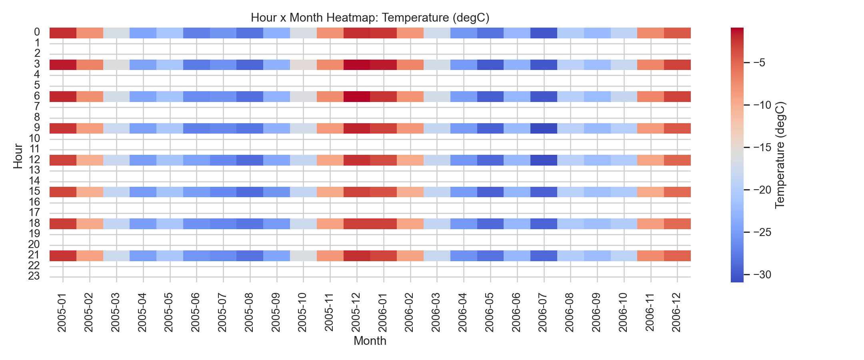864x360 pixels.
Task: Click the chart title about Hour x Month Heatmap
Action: pos(370,18)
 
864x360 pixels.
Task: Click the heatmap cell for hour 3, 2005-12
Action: pos(357,64)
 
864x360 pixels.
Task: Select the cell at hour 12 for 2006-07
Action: pos(544,160)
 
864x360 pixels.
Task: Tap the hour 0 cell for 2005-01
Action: pos(63,33)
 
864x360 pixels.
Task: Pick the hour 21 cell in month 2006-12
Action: pos(677,256)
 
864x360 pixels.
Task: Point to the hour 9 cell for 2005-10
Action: pos(303,128)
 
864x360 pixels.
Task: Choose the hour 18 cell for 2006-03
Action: pos(437,224)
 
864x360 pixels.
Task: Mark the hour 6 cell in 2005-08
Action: pos(250,96)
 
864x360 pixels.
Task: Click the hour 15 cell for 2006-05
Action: pos(490,192)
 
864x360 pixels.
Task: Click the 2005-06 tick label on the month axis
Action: pos(196,314)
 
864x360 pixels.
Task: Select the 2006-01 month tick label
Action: pos(383,314)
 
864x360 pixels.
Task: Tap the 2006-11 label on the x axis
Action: pos(650,314)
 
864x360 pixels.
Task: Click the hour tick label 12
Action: pos(34,160)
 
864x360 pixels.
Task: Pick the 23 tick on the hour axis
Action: pos(34,276)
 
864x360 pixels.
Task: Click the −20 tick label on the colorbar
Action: pos(762,190)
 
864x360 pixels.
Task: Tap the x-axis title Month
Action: pos(370,341)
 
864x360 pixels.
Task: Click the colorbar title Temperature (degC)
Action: pos(780,155)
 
